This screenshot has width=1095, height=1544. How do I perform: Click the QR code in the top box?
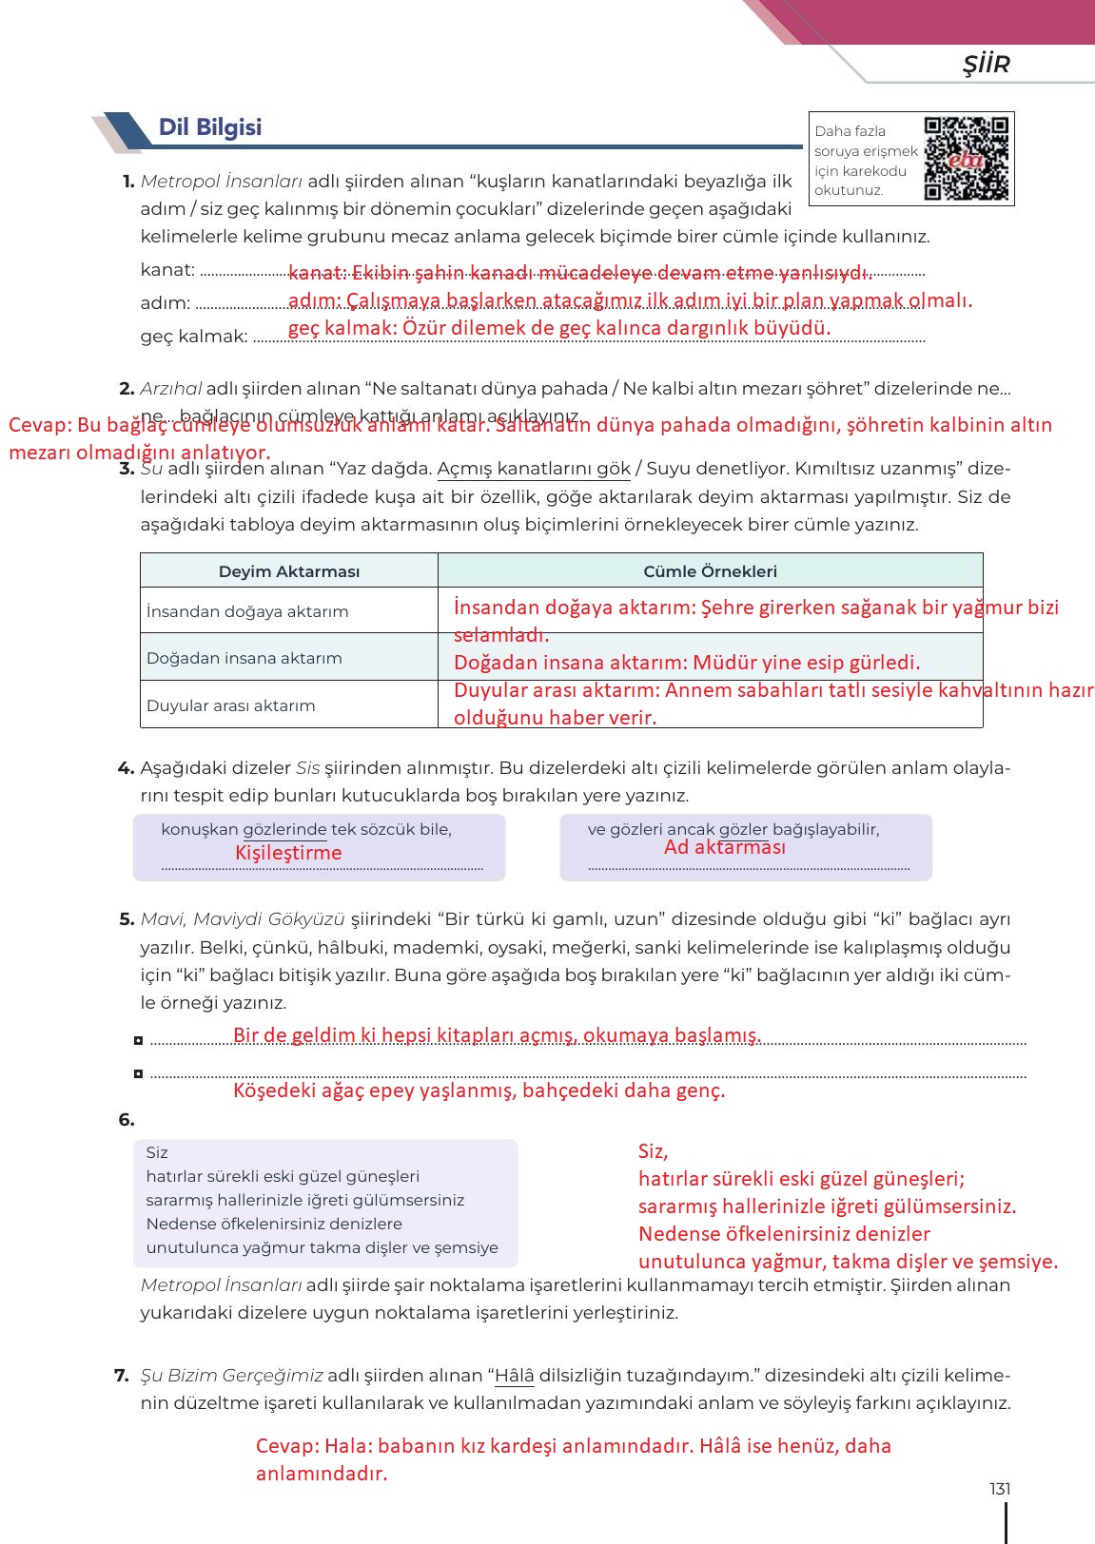pyautogui.click(x=966, y=158)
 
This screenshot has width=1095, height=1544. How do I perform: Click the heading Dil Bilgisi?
pyautogui.click(x=209, y=127)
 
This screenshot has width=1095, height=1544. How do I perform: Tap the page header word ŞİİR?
pyautogui.click(x=985, y=64)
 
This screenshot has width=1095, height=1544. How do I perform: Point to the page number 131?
pyautogui.click(x=999, y=1489)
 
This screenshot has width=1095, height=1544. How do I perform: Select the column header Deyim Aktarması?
pyautogui.click(x=289, y=571)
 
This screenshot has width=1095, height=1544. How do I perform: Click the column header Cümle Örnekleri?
pyautogui.click(x=710, y=571)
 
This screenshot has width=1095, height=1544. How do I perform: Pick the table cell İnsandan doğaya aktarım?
pyautogui.click(x=247, y=611)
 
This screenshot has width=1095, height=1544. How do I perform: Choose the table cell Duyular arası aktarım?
pyautogui.click(x=230, y=705)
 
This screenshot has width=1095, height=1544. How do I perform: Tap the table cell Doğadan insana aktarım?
pyautogui.click(x=244, y=658)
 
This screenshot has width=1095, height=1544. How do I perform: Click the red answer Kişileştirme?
pyautogui.click(x=288, y=853)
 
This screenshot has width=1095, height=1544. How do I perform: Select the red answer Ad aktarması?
pyautogui.click(x=725, y=847)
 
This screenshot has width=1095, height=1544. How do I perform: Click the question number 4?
pyautogui.click(x=125, y=767)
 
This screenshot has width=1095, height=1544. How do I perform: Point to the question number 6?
pyautogui.click(x=127, y=1120)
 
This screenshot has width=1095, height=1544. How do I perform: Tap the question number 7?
pyautogui.click(x=122, y=1375)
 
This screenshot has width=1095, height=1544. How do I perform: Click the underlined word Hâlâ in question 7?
pyautogui.click(x=515, y=1375)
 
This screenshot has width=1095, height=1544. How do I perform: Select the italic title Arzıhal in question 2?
pyautogui.click(x=170, y=388)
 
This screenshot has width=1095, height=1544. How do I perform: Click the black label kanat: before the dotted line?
pyautogui.click(x=167, y=270)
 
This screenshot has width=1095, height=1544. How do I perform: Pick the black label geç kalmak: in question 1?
pyautogui.click(x=194, y=336)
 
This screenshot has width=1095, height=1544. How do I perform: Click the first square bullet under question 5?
pyautogui.click(x=139, y=1041)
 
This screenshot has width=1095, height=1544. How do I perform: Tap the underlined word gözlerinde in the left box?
pyautogui.click(x=284, y=829)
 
